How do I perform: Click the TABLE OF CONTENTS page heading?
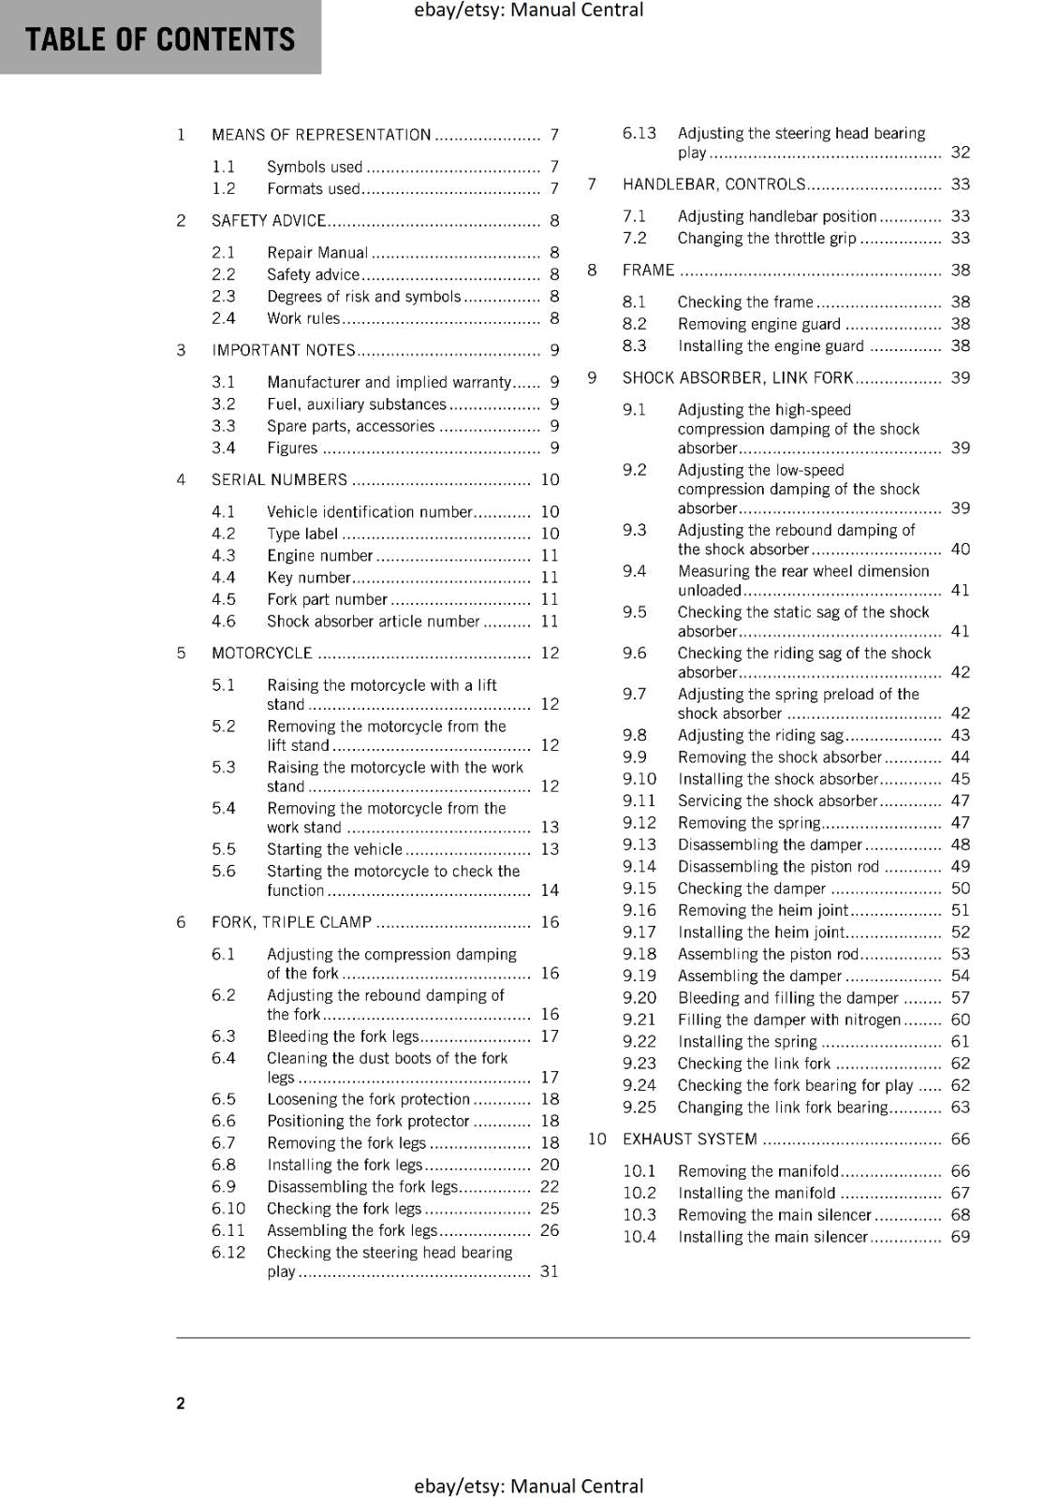(160, 39)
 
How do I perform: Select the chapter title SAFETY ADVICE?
(269, 221)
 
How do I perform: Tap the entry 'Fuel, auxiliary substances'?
(357, 404)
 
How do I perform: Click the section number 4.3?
(223, 555)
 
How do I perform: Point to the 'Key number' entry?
(308, 578)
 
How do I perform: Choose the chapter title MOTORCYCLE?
(262, 653)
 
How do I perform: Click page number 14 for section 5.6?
(550, 890)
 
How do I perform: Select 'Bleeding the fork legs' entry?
(342, 1036)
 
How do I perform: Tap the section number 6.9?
(223, 1186)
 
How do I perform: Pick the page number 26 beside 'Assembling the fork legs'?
(550, 1230)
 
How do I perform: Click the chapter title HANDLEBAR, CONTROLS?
(713, 184)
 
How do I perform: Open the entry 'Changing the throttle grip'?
(767, 238)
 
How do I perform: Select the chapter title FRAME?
(648, 270)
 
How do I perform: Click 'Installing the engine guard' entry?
(771, 345)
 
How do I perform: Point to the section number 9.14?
(639, 866)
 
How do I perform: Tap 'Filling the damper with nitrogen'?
(789, 1020)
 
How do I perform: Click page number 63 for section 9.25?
(961, 1108)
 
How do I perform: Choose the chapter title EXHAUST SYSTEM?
(690, 1139)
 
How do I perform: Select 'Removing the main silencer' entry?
(774, 1214)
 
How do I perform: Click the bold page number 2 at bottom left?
(181, 1403)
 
